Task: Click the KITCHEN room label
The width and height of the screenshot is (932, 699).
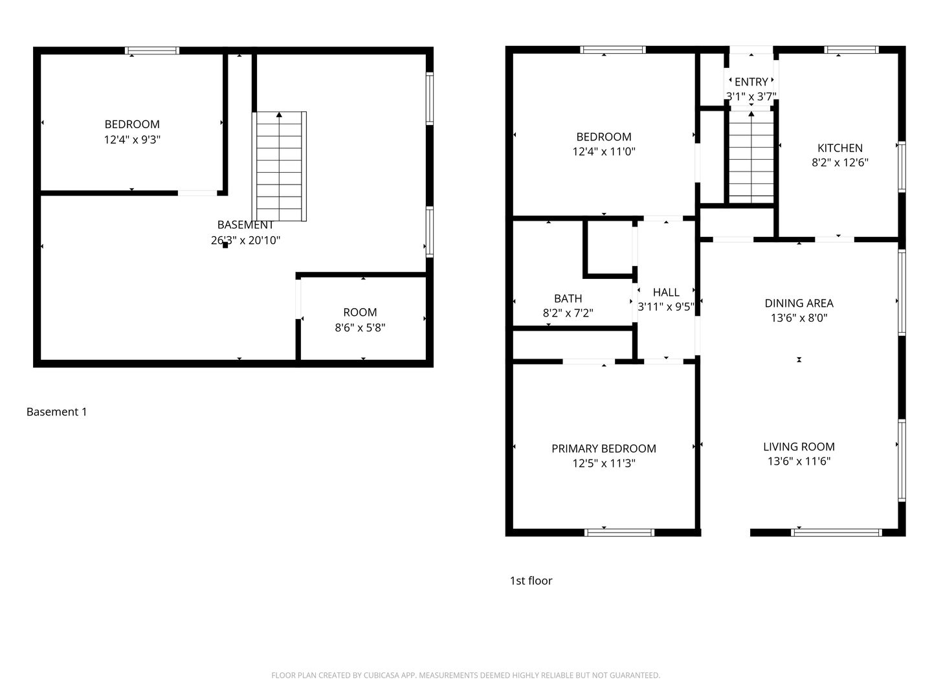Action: point(839,148)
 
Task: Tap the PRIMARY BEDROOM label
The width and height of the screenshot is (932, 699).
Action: point(603,448)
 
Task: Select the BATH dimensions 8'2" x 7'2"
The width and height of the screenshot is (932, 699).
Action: point(568,313)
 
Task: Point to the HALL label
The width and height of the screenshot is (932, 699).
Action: point(666,292)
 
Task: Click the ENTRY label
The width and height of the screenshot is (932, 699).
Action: point(751,82)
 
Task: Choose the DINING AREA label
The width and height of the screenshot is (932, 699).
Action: point(799,303)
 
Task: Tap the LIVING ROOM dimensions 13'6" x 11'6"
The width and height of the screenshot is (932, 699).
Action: point(799,461)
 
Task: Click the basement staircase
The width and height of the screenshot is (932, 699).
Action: point(279,166)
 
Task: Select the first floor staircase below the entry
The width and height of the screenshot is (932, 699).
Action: point(751,157)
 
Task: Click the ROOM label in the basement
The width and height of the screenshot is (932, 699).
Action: point(360,313)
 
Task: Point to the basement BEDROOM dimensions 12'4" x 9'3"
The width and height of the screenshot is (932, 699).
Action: point(132,140)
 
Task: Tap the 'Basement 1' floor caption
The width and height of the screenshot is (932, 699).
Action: point(56,412)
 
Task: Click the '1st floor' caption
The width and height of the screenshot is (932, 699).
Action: point(531,581)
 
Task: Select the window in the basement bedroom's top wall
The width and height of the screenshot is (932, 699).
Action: point(152,50)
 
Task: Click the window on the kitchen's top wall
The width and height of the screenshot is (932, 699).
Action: point(851,50)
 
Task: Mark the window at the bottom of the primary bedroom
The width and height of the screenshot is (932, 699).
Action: point(619,533)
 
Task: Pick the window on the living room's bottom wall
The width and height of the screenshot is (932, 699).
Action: point(836,533)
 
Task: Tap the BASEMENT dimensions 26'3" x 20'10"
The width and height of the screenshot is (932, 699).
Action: point(245,241)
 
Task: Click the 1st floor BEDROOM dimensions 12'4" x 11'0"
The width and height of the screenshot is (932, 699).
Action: point(603,151)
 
